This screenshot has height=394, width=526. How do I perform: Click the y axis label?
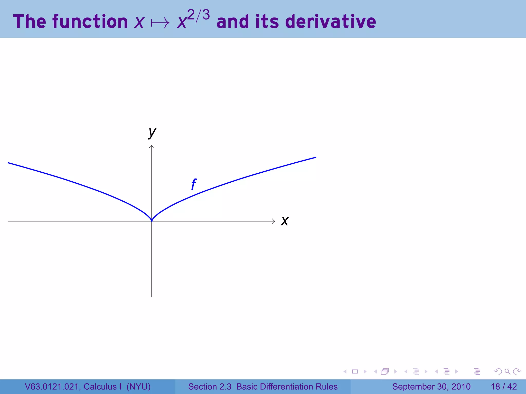click(x=152, y=132)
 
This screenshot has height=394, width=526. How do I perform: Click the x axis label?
click(x=285, y=221)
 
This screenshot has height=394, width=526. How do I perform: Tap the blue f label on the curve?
click(x=194, y=184)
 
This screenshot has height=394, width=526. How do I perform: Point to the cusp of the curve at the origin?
click(x=152, y=220)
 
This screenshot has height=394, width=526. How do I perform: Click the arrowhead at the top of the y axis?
click(x=152, y=146)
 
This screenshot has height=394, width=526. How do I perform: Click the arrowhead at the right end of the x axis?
click(x=274, y=221)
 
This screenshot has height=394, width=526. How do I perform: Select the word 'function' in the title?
click(x=90, y=22)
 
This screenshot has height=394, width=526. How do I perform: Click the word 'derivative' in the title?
click(x=331, y=22)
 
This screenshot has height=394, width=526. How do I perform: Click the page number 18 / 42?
click(x=504, y=387)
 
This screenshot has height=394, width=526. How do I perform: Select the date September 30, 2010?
click(x=431, y=387)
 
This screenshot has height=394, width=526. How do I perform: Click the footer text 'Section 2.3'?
click(x=210, y=387)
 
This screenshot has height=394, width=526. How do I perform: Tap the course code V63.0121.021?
click(x=53, y=387)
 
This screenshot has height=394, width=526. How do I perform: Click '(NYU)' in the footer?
click(x=138, y=387)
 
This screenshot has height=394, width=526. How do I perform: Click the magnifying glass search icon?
click(x=507, y=371)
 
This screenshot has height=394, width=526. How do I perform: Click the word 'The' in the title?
click(x=30, y=22)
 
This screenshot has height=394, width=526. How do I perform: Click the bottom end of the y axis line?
click(x=152, y=296)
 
